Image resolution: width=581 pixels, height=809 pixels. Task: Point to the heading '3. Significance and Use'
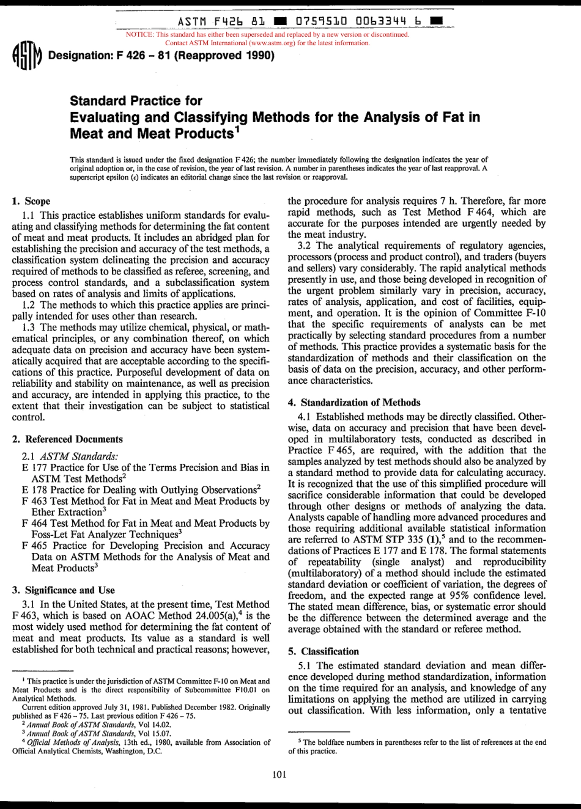[x=64, y=590]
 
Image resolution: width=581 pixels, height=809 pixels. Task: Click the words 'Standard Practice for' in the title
[x=136, y=100]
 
